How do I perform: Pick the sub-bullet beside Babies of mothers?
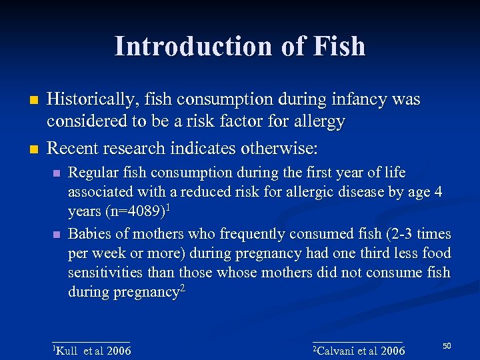point(57,235)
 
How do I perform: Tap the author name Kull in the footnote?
point(67,351)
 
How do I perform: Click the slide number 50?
point(447,345)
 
